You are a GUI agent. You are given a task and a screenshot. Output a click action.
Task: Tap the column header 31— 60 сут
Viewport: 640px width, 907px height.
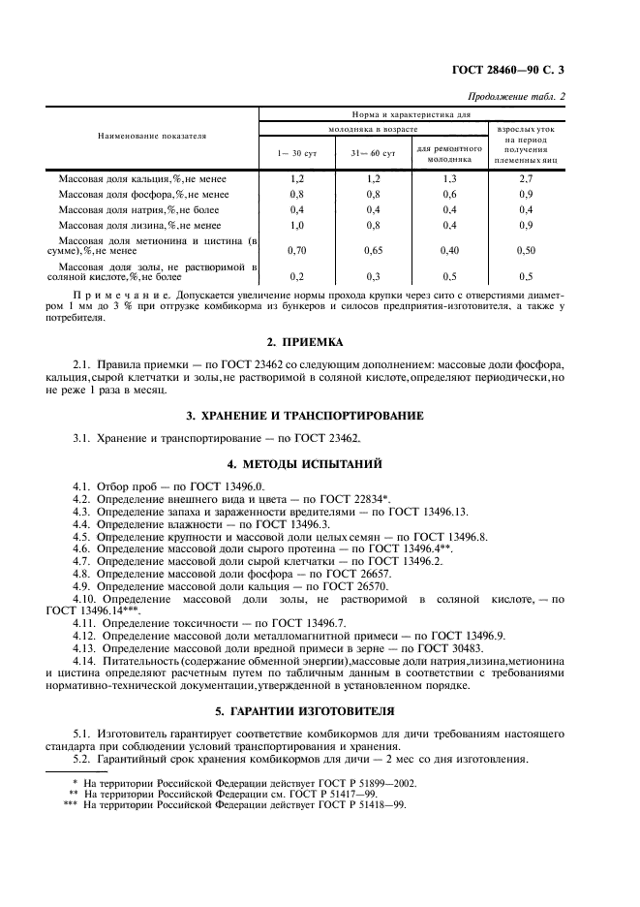pyautogui.click(x=373, y=153)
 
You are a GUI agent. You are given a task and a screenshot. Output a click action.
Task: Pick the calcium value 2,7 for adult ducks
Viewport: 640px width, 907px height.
pyautogui.click(x=527, y=179)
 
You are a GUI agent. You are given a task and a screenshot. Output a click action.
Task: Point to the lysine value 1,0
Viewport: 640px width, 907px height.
pyautogui.click(x=295, y=225)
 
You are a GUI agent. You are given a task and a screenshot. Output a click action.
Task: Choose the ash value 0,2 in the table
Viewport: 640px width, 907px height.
pyautogui.click(x=296, y=275)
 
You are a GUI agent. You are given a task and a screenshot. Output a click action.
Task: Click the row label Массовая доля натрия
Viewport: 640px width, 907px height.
pyautogui.click(x=143, y=209)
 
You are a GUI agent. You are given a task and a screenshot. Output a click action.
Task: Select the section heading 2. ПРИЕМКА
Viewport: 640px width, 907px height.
pyautogui.click(x=319, y=342)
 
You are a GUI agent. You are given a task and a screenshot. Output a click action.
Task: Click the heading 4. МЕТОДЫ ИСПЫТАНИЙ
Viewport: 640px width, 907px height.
pyautogui.click(x=319, y=464)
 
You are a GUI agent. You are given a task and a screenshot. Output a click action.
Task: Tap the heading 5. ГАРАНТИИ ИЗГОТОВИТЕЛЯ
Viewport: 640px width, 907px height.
pyautogui.click(x=319, y=707)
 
